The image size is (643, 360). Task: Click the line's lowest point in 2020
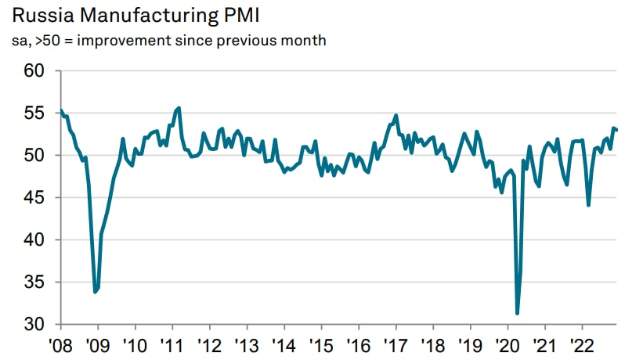(x=518, y=313)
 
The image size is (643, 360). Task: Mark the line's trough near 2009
(x=96, y=292)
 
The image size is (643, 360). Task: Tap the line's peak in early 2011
(x=179, y=108)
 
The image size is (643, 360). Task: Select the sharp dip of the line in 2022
(x=588, y=205)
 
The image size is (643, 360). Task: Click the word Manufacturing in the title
(x=144, y=15)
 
